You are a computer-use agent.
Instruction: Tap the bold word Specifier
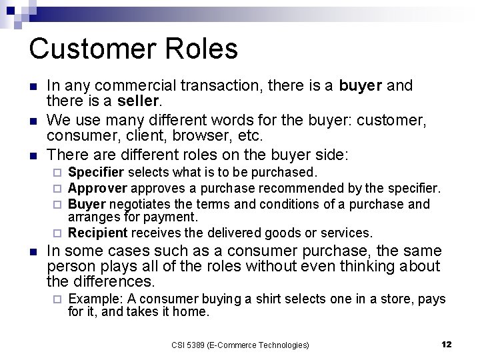(x=96, y=173)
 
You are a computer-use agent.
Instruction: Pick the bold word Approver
(x=97, y=188)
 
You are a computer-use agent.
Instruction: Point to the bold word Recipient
(x=97, y=233)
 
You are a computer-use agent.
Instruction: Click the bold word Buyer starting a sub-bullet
(x=87, y=204)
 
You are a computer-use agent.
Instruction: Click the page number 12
(x=446, y=345)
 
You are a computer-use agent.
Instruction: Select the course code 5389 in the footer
(x=195, y=345)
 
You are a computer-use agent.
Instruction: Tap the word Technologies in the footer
(x=281, y=345)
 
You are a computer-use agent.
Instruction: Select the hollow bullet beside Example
(x=58, y=299)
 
